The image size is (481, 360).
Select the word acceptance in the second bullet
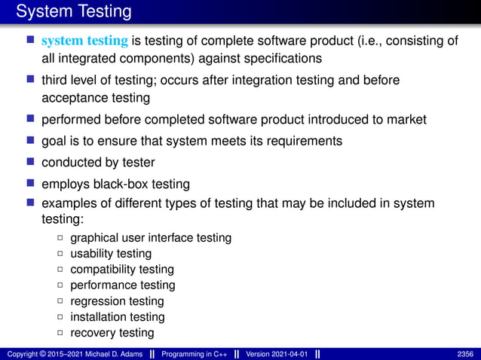(70, 98)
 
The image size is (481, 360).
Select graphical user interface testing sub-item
(150, 238)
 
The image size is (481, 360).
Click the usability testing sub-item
(111, 254)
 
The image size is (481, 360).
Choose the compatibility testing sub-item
(122, 270)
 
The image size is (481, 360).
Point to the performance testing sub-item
(122, 285)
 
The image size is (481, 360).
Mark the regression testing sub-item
(117, 301)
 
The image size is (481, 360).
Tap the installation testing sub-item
(117, 317)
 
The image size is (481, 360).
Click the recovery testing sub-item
(112, 333)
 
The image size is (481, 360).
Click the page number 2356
(466, 354)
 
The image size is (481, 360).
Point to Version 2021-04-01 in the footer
(277, 354)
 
